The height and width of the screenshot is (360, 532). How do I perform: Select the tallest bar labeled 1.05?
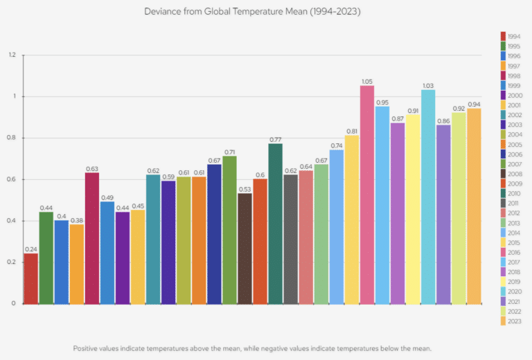pyautogui.click(x=367, y=195)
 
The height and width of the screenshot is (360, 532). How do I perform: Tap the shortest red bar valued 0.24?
pyautogui.click(x=30, y=278)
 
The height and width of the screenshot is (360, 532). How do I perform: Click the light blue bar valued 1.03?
pyautogui.click(x=428, y=197)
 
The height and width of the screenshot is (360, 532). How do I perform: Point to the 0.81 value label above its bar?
pyautogui.click(x=352, y=131)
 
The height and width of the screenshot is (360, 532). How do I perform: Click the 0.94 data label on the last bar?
pyautogui.click(x=474, y=104)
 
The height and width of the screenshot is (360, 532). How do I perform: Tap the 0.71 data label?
pyautogui.click(x=229, y=152)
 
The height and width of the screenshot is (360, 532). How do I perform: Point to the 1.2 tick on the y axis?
pyautogui.click(x=11, y=55)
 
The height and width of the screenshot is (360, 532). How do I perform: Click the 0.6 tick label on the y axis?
pyautogui.click(x=11, y=179)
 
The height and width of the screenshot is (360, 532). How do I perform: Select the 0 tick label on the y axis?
pyautogui.click(x=13, y=303)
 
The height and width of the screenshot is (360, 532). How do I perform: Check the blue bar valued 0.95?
pyautogui.click(x=382, y=205)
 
